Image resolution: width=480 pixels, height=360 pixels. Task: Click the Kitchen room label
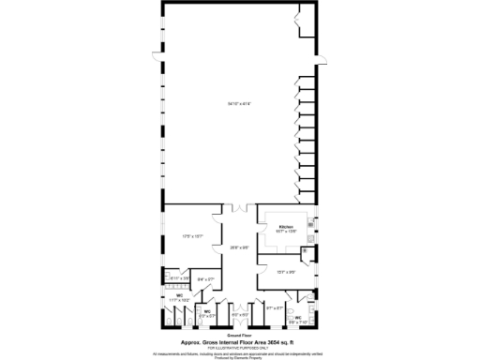[x=286, y=227]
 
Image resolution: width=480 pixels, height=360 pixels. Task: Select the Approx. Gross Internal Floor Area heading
[x=238, y=342]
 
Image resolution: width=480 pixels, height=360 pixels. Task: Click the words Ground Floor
[x=240, y=335]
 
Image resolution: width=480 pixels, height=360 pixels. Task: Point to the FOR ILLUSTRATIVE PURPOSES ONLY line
[x=238, y=348]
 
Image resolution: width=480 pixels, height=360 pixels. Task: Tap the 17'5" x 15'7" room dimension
[x=192, y=236]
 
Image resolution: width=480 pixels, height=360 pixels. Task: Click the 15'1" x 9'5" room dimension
[x=286, y=271]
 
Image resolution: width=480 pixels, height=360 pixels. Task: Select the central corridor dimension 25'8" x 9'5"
[x=240, y=247]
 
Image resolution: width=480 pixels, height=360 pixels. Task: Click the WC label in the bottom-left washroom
[x=178, y=295]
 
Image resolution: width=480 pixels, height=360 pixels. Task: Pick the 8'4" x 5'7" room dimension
[x=206, y=278]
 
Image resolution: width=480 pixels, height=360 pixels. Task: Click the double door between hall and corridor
[x=240, y=205]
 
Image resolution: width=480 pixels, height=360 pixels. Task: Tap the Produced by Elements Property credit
[x=240, y=357]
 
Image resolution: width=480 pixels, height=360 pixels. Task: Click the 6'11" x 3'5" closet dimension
[x=180, y=278]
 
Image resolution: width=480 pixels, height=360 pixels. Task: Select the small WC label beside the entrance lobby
[x=207, y=311]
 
